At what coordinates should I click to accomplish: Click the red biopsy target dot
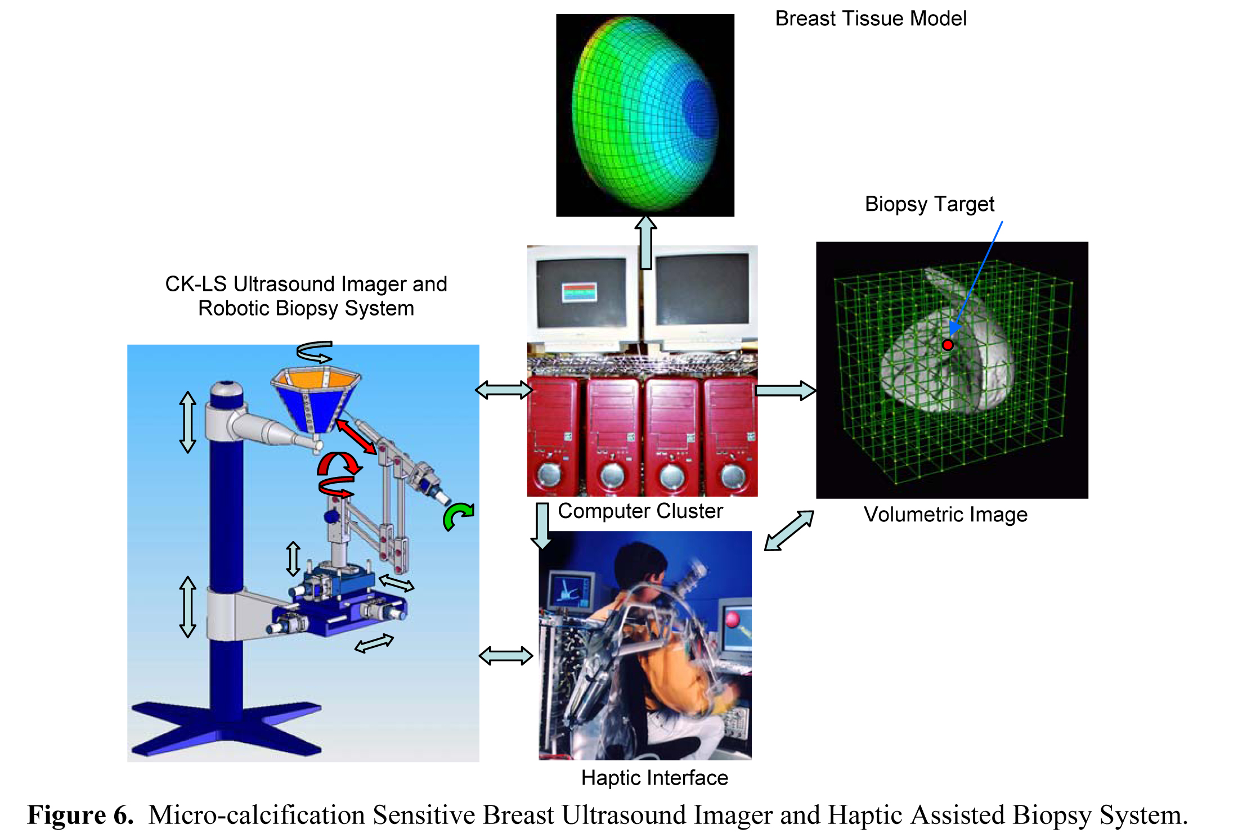[x=948, y=345]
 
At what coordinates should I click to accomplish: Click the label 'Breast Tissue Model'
[x=871, y=19]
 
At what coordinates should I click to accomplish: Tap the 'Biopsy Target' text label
[x=930, y=204]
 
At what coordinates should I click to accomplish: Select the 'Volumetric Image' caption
[x=945, y=515]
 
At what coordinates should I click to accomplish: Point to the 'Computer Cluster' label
[x=640, y=511]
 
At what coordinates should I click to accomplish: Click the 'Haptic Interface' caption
[x=654, y=778]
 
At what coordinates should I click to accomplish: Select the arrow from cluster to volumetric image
[x=785, y=390]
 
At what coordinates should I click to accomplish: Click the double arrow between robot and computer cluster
[x=504, y=390]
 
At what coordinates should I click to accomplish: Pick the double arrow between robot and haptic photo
[x=506, y=656]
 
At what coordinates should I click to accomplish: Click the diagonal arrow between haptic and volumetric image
[x=789, y=530]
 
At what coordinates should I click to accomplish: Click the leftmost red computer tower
[x=554, y=436]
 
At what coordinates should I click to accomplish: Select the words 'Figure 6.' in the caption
[x=80, y=815]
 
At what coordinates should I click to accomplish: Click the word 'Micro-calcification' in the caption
[x=257, y=815]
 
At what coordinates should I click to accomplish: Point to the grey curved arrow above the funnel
[x=315, y=352]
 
